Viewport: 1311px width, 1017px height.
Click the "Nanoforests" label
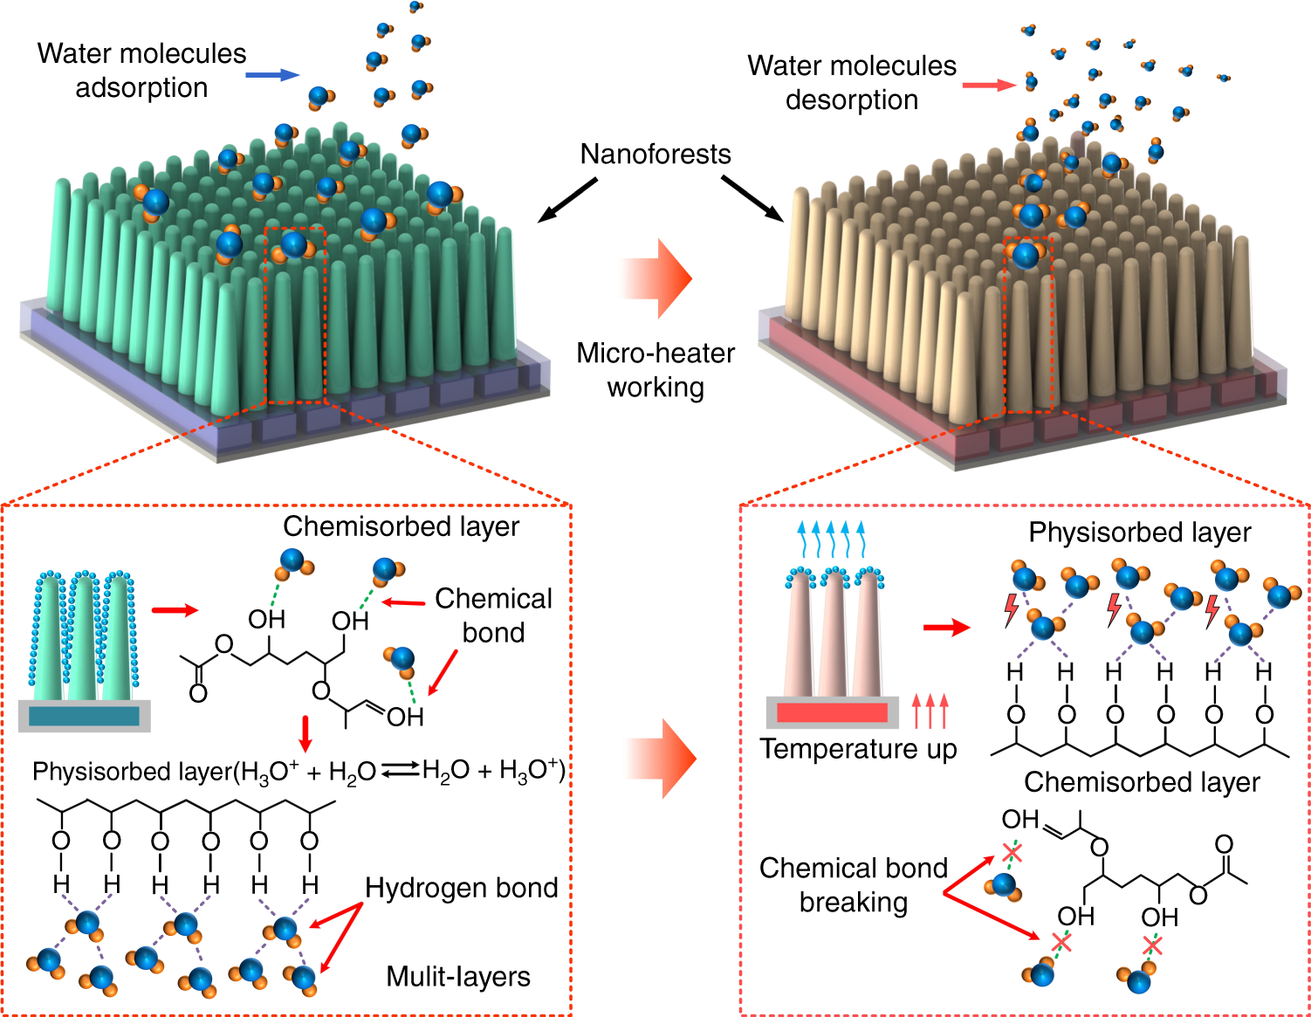click(655, 155)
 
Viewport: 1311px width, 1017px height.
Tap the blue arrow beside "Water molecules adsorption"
click(272, 75)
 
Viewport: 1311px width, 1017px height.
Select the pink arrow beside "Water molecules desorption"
click(989, 85)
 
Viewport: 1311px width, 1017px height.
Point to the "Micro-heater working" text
click(655, 369)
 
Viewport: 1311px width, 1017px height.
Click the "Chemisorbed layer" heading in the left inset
click(401, 526)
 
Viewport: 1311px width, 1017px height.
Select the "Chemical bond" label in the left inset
click(493, 615)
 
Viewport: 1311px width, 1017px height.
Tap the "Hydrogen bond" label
click(461, 888)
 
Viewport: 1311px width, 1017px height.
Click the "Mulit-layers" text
click(458, 976)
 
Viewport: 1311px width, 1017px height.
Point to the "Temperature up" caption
click(857, 749)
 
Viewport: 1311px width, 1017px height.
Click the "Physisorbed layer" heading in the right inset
click(1139, 533)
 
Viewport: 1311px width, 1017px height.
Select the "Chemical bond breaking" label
click(853, 884)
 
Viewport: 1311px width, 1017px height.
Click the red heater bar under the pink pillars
click(832, 712)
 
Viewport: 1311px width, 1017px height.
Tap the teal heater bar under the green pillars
click(84, 716)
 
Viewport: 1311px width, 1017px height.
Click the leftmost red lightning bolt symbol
click(1012, 609)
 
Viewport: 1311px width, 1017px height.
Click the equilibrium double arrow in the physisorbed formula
click(400, 770)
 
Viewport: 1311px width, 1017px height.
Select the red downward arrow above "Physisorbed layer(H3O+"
click(305, 733)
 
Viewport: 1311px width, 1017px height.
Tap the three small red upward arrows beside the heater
click(930, 711)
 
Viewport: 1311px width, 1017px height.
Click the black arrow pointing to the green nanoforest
click(567, 200)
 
